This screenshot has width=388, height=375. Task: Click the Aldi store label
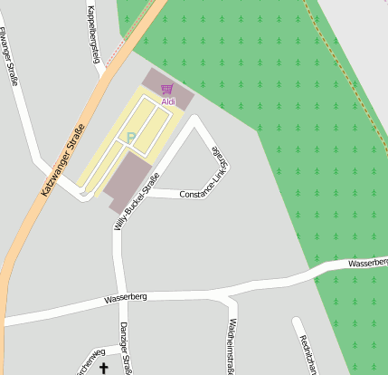coord(168,101)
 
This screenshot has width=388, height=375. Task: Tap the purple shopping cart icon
coord(166,89)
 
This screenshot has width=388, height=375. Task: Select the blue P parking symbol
coord(130,139)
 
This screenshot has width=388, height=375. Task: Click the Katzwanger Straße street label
coord(62,159)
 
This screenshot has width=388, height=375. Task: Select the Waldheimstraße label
coord(232,344)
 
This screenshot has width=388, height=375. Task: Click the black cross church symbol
coord(103,368)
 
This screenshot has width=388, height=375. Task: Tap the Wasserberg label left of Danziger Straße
coord(125,296)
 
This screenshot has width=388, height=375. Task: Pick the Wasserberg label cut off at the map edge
coord(367,263)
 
